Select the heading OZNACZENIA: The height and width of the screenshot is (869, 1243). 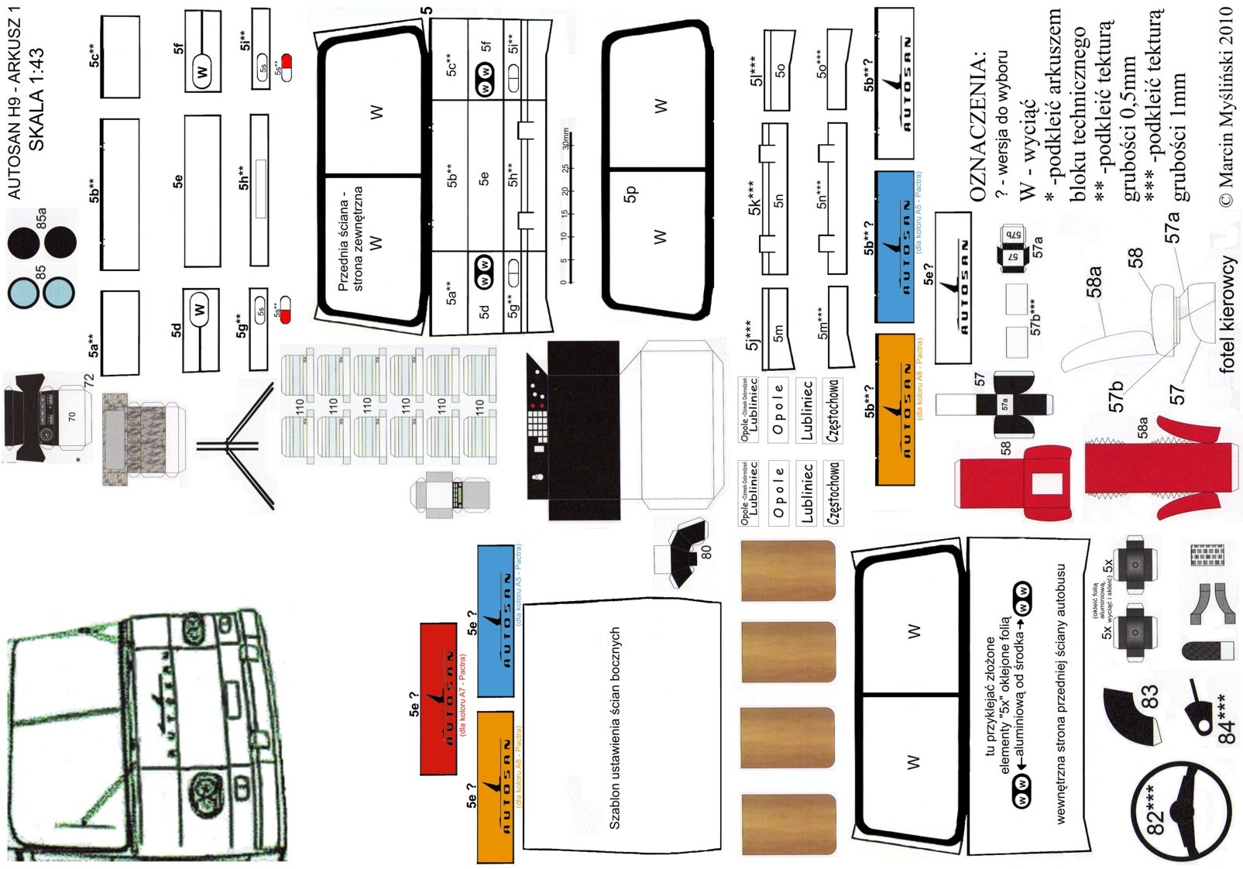(978, 128)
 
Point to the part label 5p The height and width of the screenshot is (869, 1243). (630, 194)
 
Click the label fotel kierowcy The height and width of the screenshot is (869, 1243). (1227, 314)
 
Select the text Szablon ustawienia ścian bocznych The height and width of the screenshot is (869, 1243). (615, 728)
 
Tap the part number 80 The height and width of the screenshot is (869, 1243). (706, 551)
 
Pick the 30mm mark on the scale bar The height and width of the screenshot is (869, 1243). (566, 139)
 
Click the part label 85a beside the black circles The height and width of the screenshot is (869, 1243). (41, 218)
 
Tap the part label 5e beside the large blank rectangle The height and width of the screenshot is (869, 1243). (178, 180)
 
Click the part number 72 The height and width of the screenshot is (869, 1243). (88, 381)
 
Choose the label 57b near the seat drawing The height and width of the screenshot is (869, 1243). (1115, 396)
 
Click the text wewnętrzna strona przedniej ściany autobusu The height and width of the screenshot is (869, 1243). (1061, 693)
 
